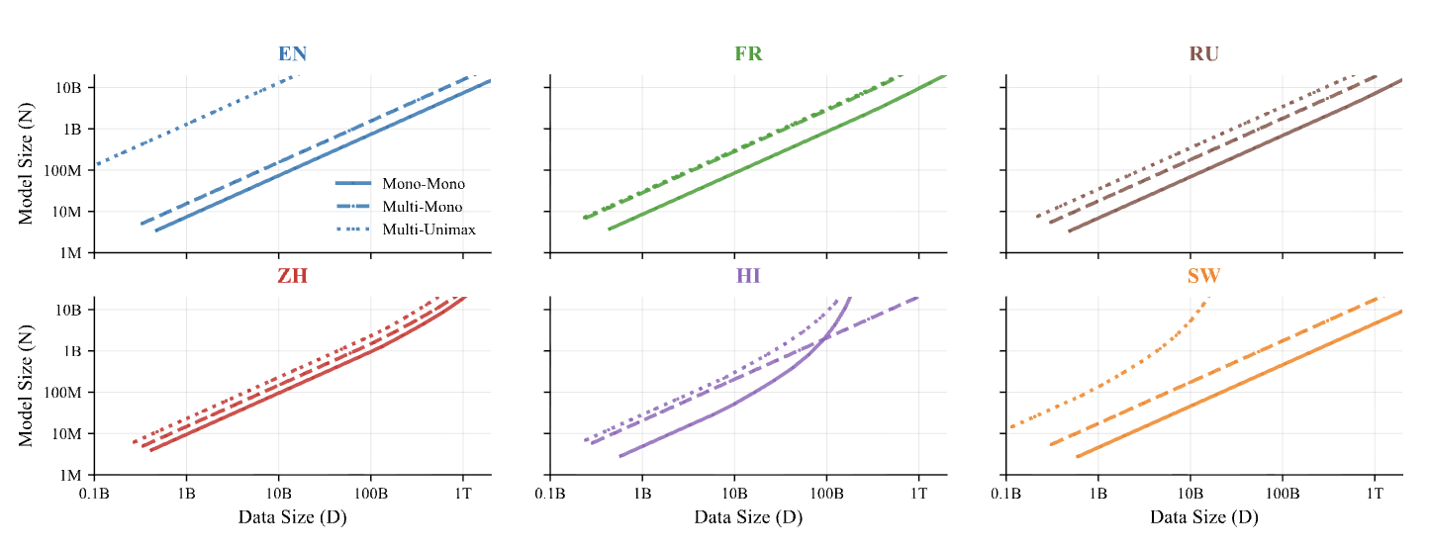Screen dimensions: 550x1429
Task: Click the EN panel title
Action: click(293, 54)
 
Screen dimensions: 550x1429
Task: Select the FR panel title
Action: click(748, 54)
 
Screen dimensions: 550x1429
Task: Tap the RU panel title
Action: click(1204, 54)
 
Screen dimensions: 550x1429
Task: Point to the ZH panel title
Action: click(293, 276)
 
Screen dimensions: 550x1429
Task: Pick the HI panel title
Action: click(748, 276)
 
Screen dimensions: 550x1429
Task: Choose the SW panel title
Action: click(1204, 276)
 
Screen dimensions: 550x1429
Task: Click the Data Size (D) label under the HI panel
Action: click(748, 517)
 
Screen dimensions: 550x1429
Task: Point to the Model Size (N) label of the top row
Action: click(27, 164)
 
